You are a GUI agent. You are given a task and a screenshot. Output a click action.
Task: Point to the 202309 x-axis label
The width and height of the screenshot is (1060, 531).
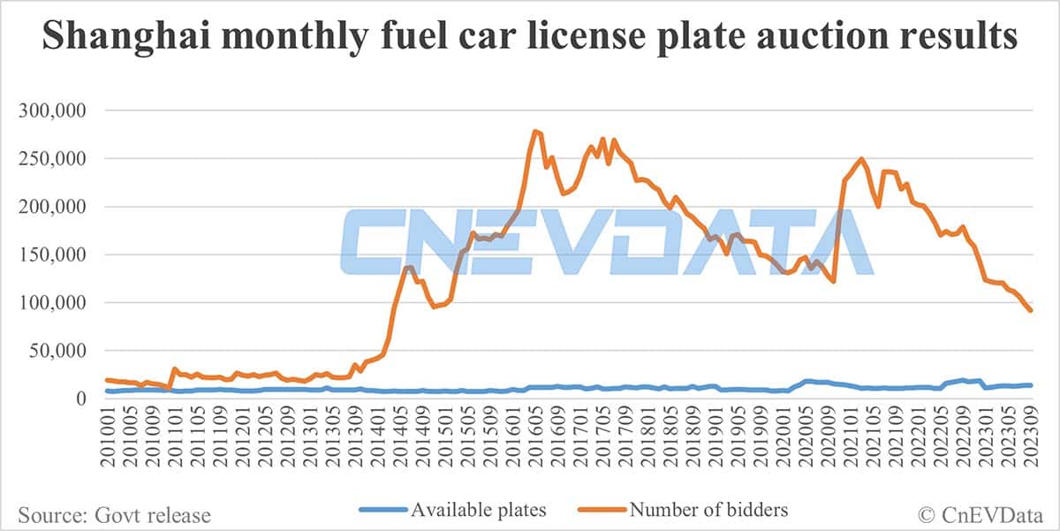[x=1029, y=438]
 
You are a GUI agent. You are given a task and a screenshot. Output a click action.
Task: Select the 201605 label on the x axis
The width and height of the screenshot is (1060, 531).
[x=536, y=438]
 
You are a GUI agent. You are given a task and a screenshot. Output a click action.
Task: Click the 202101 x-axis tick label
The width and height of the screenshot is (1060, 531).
[x=849, y=438]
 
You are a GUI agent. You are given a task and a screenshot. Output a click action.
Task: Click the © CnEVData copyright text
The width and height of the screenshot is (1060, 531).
[x=977, y=512]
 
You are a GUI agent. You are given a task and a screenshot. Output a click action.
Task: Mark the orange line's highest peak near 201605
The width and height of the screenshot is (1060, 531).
[x=534, y=131]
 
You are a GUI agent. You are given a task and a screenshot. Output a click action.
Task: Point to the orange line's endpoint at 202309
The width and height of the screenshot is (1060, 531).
[x=1031, y=310]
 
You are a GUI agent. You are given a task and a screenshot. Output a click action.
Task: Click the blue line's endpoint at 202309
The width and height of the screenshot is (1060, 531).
[x=1031, y=385]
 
